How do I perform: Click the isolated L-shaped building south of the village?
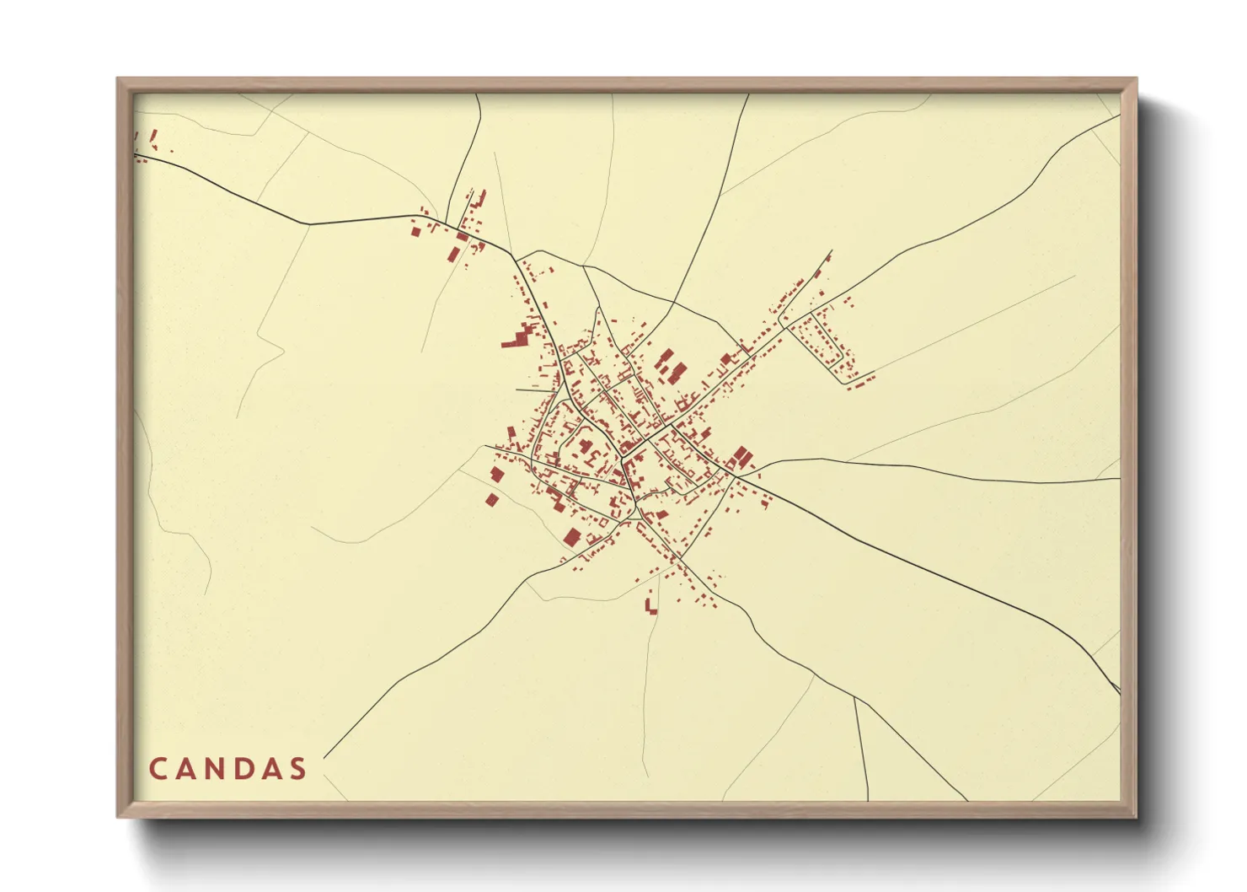[650, 606]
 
